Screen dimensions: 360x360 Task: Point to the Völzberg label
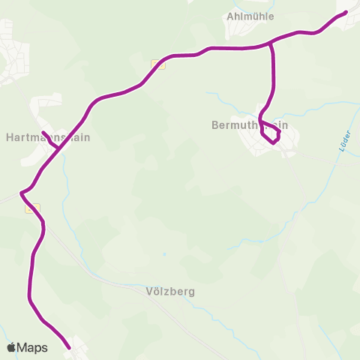(x=170, y=291)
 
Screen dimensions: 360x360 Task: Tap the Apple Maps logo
(x=27, y=347)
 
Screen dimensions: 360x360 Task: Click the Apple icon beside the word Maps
(x=11, y=347)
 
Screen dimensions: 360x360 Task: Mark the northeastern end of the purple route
(x=346, y=12)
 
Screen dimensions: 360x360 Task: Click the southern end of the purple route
(x=69, y=347)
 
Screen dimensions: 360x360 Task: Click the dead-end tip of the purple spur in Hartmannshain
(x=43, y=133)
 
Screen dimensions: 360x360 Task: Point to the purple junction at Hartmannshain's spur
(x=59, y=148)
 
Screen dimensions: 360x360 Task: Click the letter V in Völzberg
(x=150, y=291)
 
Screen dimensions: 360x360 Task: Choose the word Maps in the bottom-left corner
(x=32, y=347)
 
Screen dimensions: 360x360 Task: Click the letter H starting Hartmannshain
(x=9, y=138)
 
